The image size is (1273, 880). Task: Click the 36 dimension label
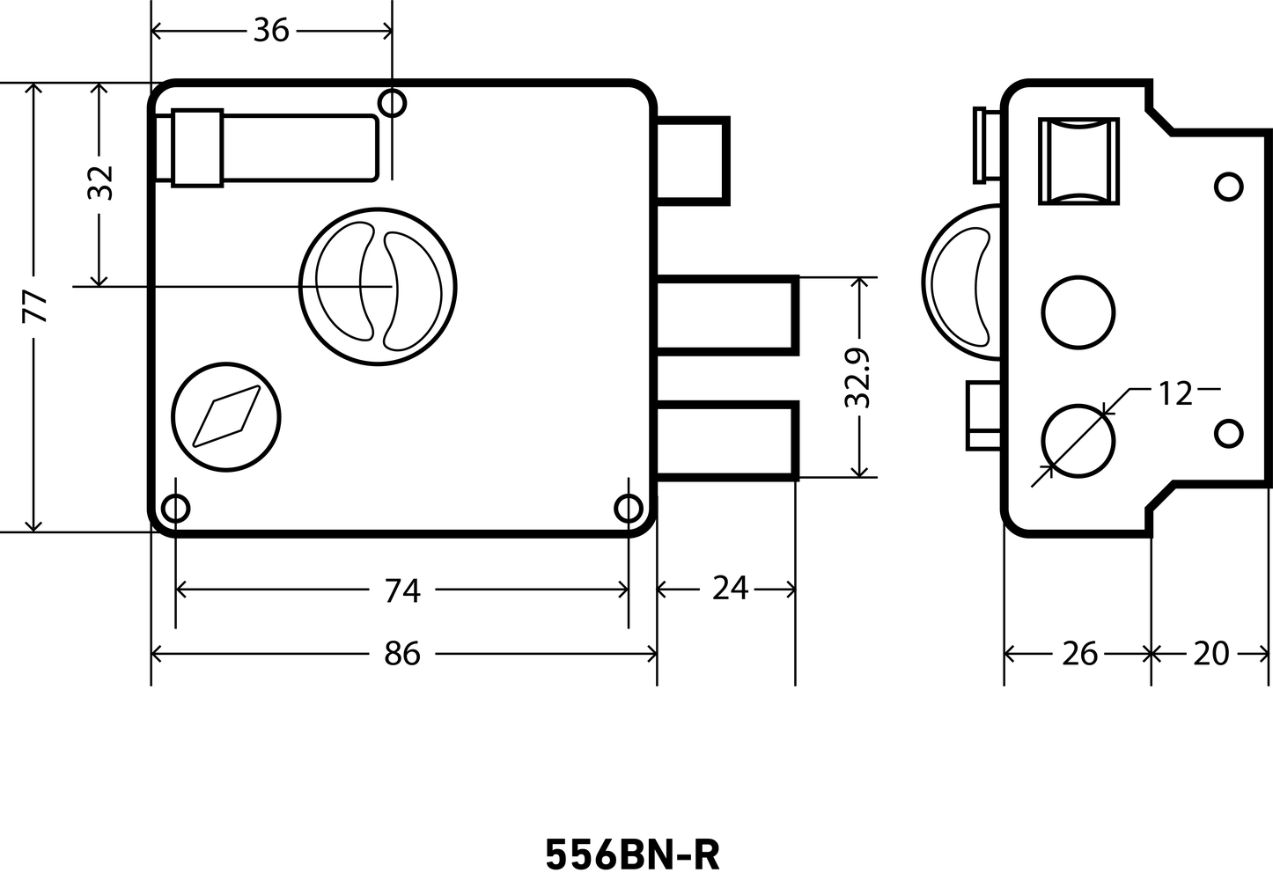271,31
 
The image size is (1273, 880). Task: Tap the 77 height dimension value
34,307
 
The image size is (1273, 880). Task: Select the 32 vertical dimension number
100,183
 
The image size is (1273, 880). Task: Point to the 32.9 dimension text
857,378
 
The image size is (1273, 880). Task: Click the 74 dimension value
402,590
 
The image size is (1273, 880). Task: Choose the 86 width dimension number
402,654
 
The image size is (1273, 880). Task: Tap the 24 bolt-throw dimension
730,589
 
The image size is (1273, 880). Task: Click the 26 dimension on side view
1080,654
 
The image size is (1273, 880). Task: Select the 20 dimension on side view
1211,654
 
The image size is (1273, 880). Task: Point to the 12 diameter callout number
1175,393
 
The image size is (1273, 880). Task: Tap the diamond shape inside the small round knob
226,416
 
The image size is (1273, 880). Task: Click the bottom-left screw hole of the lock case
175,509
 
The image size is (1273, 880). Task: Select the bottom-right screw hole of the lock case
629,509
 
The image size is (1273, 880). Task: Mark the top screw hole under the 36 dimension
392,103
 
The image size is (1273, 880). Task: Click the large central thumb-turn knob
378,287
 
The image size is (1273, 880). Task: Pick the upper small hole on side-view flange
1229,187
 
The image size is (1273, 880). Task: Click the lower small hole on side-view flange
1229,434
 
